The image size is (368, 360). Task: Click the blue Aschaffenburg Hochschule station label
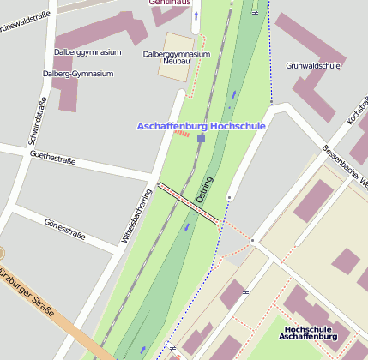[201, 126]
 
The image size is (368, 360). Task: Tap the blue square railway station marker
[201, 138]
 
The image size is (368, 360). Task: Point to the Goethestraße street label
[52, 158]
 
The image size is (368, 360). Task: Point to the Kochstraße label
[356, 115]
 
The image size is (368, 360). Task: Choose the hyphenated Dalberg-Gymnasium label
[78, 74]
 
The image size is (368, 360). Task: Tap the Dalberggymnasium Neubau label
[176, 57]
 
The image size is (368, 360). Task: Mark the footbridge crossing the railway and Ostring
[188, 204]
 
